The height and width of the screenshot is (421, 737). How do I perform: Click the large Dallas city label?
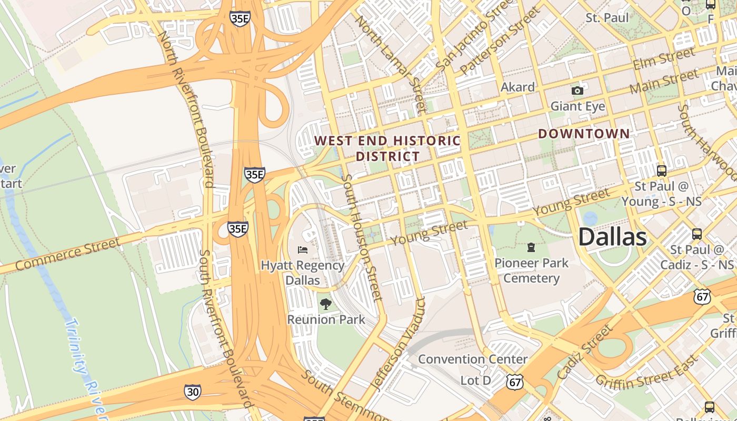tap(612, 237)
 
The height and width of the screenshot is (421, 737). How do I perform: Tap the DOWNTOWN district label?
tap(584, 134)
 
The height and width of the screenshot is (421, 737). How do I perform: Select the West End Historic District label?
tap(387, 148)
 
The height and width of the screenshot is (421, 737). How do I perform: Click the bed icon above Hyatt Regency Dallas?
tap(302, 249)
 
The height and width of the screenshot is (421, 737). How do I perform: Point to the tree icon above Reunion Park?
tap(326, 304)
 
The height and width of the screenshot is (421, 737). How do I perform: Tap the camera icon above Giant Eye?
tap(577, 91)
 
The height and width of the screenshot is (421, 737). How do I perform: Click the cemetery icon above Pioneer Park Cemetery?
tap(531, 247)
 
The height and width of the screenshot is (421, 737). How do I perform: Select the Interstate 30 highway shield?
tap(192, 392)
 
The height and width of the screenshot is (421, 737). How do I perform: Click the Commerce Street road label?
tap(68, 254)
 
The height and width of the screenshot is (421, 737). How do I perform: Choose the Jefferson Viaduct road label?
tap(398, 344)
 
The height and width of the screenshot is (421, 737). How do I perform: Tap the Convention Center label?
tap(473, 359)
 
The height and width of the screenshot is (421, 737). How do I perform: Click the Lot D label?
tap(475, 380)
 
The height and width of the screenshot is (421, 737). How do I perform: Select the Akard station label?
tap(517, 87)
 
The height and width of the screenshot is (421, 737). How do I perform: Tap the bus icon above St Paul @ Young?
tap(662, 171)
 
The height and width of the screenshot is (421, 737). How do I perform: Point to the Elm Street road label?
tap(664, 58)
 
